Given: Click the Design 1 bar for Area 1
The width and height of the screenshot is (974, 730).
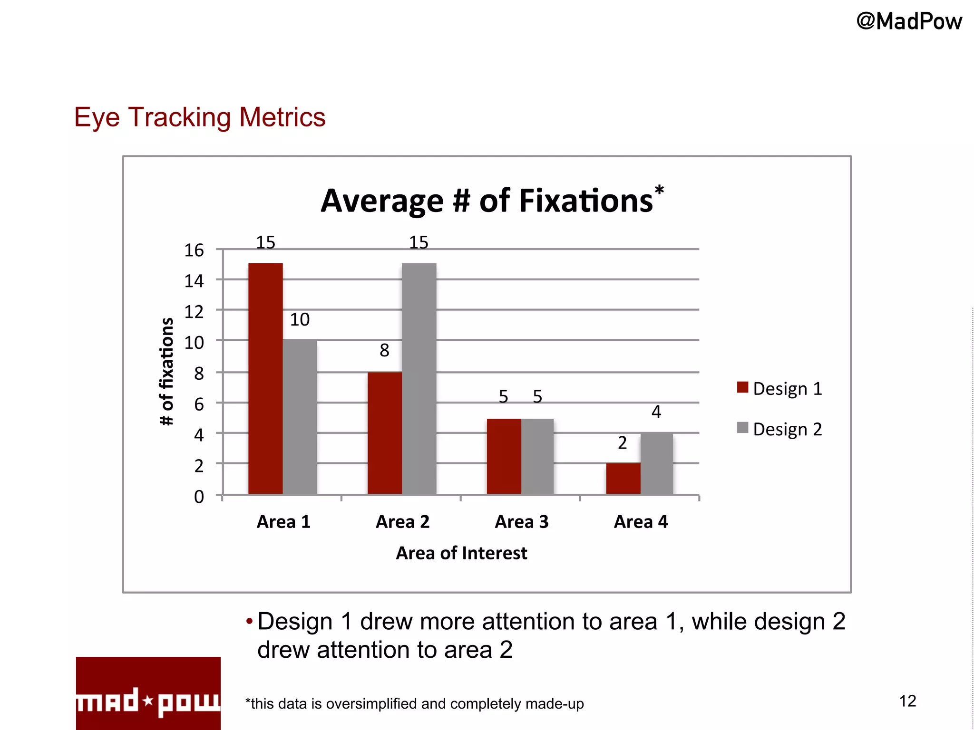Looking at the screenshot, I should coord(265,379).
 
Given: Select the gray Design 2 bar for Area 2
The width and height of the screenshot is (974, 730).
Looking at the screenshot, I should coord(419,379).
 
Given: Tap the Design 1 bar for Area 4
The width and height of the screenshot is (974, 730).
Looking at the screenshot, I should coord(623,479).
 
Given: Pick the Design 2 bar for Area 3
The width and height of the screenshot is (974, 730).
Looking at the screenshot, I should coord(537,456).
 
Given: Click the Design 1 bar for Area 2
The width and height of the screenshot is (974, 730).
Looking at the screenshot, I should coord(384,433).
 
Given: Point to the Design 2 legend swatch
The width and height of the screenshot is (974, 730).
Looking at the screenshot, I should coord(742,428).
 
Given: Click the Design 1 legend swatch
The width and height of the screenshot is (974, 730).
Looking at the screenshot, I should coord(742,387).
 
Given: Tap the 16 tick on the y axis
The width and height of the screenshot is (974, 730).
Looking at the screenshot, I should coord(194,250).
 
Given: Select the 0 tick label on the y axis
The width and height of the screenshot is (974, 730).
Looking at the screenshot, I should coord(199,497).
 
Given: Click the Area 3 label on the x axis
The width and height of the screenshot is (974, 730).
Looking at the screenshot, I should coord(522,522).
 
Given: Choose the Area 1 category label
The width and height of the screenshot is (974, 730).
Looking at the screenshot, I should coord(283,522).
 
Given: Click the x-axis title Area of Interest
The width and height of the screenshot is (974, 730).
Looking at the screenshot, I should coord(461,553).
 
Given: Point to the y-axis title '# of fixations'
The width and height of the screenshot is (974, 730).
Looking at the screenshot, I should coord(166,371).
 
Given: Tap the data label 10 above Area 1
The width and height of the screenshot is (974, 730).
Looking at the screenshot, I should coord(300,319).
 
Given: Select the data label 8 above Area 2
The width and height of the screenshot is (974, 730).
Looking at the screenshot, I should coord(384,350).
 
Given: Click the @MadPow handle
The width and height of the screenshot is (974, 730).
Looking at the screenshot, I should coord(909,22).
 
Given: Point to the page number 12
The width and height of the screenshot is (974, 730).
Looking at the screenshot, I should coord(907,701).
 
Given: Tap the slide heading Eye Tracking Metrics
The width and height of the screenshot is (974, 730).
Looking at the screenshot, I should coord(200,117).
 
